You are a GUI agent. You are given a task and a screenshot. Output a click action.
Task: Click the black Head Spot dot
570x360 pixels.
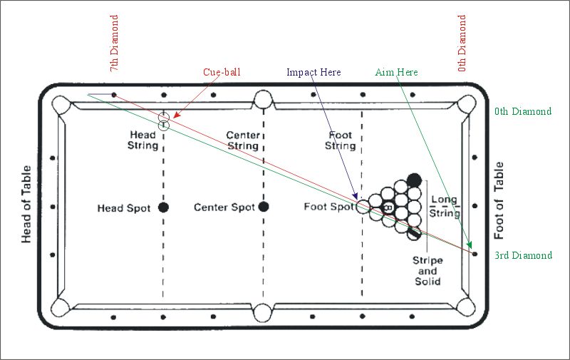[163, 207]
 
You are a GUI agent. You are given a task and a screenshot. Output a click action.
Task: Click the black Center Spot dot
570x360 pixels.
[264, 207]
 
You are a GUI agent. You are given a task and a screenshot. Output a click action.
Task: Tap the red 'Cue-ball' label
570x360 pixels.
[222, 73]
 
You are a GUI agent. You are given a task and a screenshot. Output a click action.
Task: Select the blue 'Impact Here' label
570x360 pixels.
[313, 73]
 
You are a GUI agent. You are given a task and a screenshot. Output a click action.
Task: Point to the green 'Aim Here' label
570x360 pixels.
[396, 73]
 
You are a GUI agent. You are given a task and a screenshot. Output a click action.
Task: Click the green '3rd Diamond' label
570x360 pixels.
[523, 255]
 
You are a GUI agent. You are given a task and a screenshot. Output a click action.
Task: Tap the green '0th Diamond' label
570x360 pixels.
[523, 111]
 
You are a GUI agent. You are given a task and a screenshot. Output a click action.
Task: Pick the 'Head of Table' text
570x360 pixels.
[27, 205]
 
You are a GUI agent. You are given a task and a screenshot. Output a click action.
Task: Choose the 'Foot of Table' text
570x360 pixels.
[499, 200]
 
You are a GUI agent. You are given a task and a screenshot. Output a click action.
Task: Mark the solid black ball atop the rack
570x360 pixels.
[414, 180]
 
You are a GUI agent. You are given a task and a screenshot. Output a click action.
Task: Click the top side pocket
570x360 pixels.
[264, 98]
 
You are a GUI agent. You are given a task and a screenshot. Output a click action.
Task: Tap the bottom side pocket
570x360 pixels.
[264, 312]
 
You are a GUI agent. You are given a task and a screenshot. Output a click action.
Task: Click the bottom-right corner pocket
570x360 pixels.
[466, 307]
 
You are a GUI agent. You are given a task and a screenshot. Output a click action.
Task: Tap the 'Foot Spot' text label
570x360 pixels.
[328, 207]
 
